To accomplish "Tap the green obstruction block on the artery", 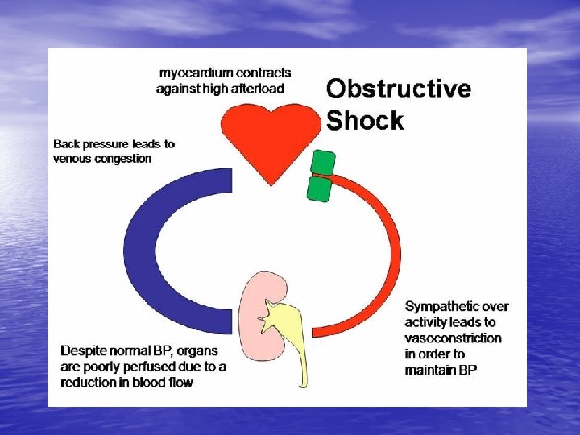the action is [322, 175].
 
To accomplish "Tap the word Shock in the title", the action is [365, 120].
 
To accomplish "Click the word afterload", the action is [259, 89].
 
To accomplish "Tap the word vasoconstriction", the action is [453, 338].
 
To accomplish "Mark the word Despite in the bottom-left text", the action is [82, 351].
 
